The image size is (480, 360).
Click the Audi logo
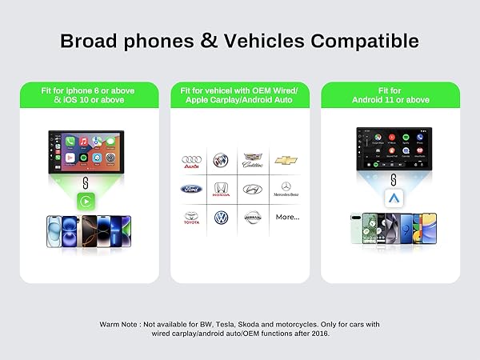[x=191, y=161]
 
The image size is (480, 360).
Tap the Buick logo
[x=221, y=160]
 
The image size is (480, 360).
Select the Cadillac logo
[x=253, y=161]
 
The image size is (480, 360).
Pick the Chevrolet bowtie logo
[x=286, y=161]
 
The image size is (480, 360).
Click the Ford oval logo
[x=191, y=190]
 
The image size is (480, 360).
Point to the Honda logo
[x=221, y=190]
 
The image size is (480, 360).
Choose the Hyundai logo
[x=253, y=190]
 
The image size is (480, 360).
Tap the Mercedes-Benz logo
[x=286, y=189]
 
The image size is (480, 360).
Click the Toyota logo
[x=191, y=217]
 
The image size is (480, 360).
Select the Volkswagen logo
[x=221, y=217]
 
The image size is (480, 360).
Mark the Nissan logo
[x=253, y=217]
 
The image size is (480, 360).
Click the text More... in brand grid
[x=286, y=217]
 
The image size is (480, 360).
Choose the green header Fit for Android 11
[x=390, y=95]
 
